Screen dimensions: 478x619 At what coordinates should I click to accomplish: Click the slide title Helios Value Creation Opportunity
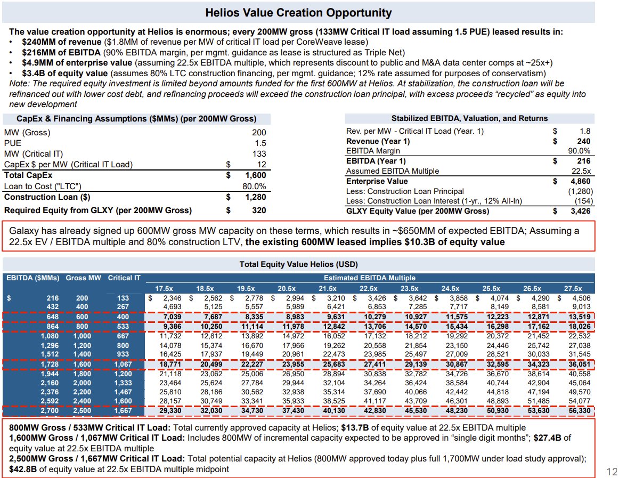point(298,13)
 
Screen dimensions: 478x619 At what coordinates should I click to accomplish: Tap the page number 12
point(611,471)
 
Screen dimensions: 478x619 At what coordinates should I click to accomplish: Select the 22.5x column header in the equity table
point(361,288)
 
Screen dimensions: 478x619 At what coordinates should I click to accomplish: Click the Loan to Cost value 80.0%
point(255,186)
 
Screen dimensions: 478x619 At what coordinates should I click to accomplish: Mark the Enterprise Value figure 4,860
point(580,182)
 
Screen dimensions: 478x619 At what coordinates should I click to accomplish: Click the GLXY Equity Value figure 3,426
point(580,211)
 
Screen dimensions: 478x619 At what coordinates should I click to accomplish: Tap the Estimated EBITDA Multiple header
point(369,278)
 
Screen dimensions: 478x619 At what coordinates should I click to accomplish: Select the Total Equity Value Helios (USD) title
point(298,264)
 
